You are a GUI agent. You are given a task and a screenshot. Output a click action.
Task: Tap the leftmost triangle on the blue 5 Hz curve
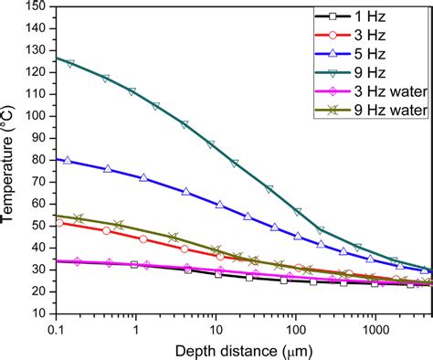67,161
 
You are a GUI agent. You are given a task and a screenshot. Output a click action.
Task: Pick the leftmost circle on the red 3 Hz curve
60,222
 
